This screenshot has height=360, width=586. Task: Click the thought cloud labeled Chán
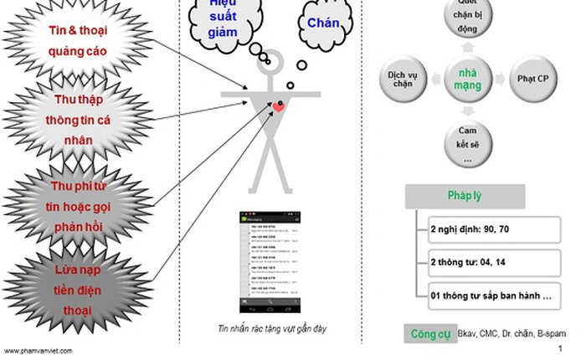pyautogui.click(x=323, y=23)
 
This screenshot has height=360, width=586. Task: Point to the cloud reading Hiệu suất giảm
pyautogui.click(x=223, y=18)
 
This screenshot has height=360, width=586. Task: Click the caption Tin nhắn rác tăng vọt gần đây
pyautogui.click(x=268, y=329)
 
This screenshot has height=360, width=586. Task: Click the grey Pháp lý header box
pyautogui.click(x=465, y=197)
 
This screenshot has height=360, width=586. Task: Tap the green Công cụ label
pyautogui.click(x=429, y=334)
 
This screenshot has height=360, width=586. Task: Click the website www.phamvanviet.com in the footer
pyautogui.click(x=39, y=351)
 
